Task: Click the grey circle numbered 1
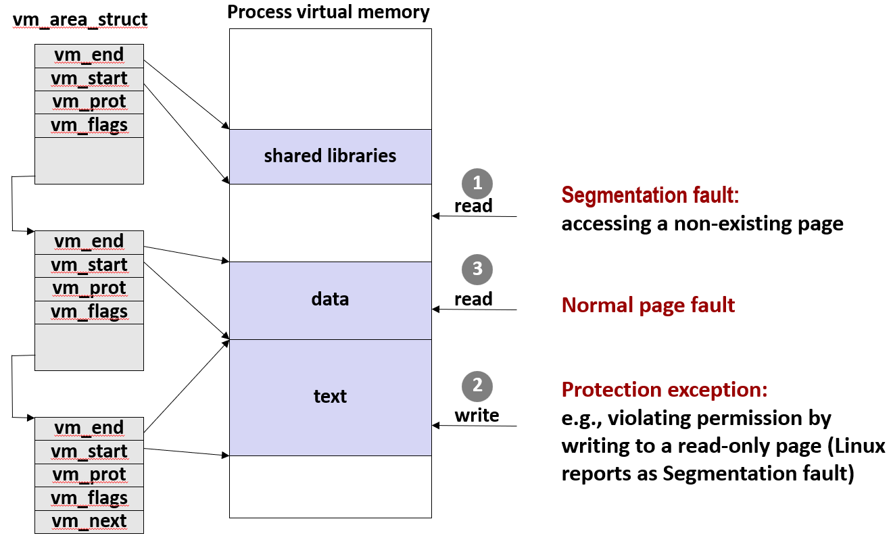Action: coord(477,183)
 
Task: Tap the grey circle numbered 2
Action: coord(477,386)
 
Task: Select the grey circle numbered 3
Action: coord(477,269)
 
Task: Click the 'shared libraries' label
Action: coord(330,155)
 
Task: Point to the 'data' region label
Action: coord(330,299)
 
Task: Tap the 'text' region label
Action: coord(330,397)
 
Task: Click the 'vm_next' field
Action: coord(89,521)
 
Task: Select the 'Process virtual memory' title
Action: coord(328,12)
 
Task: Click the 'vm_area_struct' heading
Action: coord(80,20)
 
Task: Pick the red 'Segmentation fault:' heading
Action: coord(650,195)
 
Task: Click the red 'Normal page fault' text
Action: coord(648,305)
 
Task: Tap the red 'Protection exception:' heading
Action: coord(665,390)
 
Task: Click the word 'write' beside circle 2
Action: coord(477,416)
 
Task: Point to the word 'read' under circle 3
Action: coord(473,299)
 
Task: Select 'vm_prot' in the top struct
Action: coord(89,102)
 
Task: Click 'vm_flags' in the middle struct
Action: coord(89,312)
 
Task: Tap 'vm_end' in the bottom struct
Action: coord(89,428)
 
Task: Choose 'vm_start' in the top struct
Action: coord(89,79)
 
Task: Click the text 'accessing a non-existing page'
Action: coord(702,224)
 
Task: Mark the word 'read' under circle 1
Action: coord(473,206)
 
